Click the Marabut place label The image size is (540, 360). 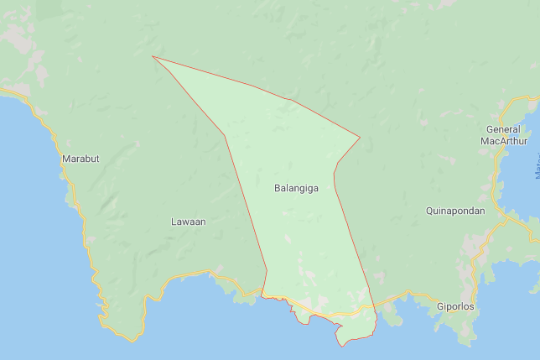point(80,159)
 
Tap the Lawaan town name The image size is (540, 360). point(188,222)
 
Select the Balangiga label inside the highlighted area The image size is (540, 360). point(296,189)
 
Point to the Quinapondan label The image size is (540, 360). point(455,211)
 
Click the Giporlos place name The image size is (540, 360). point(455,307)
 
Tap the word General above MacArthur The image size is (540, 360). point(504,129)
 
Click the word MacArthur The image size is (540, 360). point(504,141)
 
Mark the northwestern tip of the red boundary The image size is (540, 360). point(153,57)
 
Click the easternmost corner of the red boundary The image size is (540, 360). point(360,138)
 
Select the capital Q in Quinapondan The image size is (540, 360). point(429,211)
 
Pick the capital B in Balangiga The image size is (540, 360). point(278,189)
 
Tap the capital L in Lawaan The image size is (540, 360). point(174,222)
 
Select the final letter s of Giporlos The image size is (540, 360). point(471,307)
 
